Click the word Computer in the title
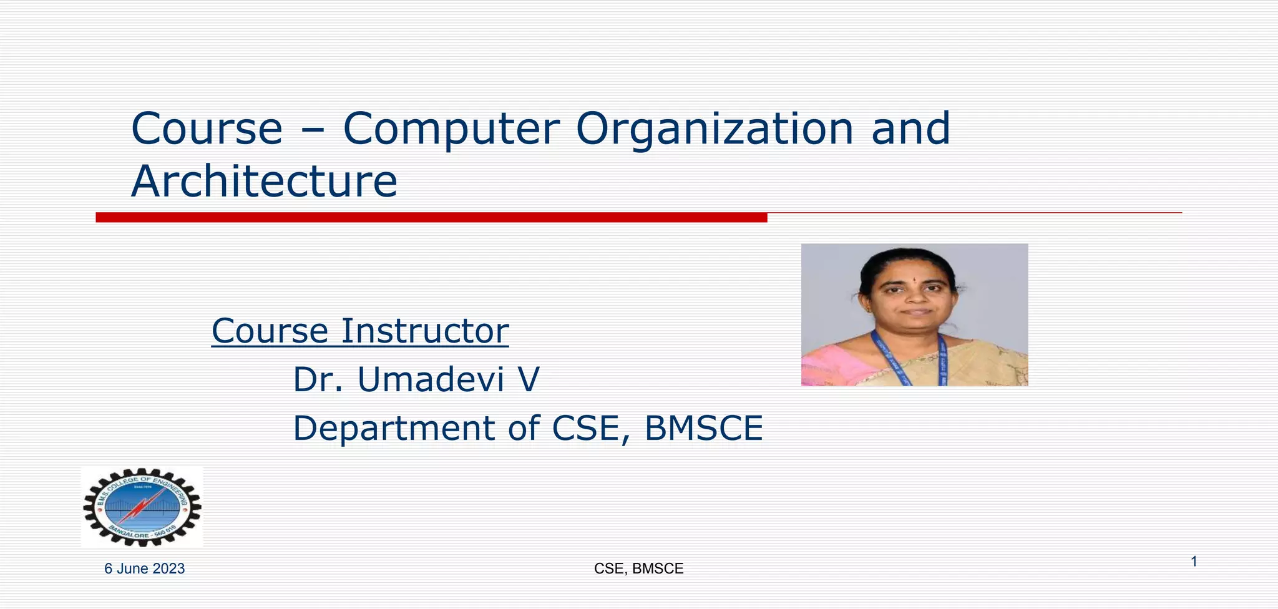tap(449, 129)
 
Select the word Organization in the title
tap(714, 129)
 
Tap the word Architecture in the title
tap(264, 182)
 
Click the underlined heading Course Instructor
tap(360, 331)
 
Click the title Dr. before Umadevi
tap(318, 380)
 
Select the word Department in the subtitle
tap(394, 429)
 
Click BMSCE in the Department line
tap(703, 429)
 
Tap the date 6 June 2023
tap(144, 568)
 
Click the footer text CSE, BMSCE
tap(638, 568)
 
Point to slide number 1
tap(1194, 562)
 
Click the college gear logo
tap(142, 507)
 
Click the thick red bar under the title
tap(431, 217)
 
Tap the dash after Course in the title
tap(313, 130)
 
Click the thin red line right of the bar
tap(973, 213)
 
